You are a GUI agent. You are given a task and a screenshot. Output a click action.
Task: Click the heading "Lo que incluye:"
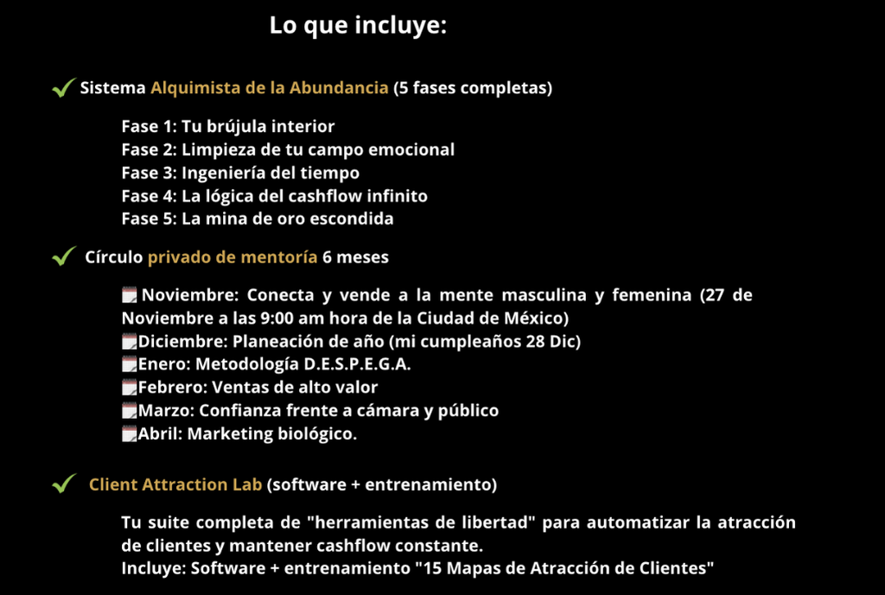point(358,25)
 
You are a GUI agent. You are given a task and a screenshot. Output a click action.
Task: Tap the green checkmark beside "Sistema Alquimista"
point(61,88)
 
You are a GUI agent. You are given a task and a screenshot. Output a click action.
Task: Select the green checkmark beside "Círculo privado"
point(63,256)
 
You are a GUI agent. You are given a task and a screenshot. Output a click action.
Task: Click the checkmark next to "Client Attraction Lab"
point(63,484)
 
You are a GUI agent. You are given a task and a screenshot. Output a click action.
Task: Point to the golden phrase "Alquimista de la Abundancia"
point(269,88)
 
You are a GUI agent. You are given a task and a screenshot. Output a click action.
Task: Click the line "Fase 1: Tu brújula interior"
point(228,127)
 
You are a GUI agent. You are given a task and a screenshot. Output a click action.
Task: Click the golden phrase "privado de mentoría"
point(232,256)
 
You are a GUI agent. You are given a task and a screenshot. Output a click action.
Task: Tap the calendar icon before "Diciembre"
point(130,341)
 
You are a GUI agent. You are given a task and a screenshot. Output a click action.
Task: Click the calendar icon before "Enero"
point(130,364)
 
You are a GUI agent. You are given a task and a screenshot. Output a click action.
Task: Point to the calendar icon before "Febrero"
point(130,388)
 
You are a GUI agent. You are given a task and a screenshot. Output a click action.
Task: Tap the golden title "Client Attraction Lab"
point(175,484)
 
